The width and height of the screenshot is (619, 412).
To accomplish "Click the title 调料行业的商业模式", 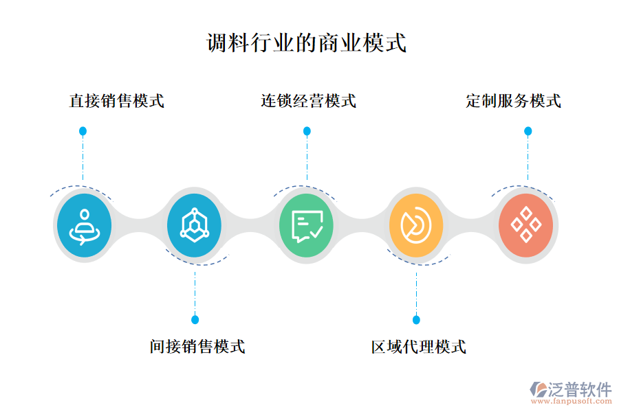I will point(307,43).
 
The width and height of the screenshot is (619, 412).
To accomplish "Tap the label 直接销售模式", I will point(117,101).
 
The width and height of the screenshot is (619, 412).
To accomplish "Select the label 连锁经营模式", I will point(308,101).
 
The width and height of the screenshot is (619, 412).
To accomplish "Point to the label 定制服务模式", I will point(513,101).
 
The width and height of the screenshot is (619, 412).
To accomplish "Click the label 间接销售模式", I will point(197,346).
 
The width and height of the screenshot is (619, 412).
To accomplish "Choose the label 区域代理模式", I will point(419,346).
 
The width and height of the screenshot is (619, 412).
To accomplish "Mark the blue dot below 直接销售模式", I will point(83,130).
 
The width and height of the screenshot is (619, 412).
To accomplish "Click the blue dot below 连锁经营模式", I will point(307,130).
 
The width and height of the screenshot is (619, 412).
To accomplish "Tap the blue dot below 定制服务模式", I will point(528,130).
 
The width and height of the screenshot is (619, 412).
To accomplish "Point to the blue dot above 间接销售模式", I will point(195,319).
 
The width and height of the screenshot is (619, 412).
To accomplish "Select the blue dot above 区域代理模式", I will point(416,319).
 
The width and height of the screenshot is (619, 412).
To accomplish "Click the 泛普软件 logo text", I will point(579,389).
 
